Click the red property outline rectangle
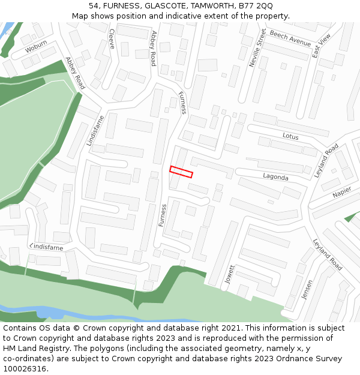[x=181, y=172]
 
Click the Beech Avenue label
[x=290, y=38]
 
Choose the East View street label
[x=321, y=46]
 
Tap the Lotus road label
[x=290, y=136]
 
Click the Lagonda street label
[x=275, y=177]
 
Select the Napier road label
[x=342, y=192]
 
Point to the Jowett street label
[x=230, y=274]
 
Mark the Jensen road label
[x=307, y=289]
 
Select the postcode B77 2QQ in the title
[x=255, y=6]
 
